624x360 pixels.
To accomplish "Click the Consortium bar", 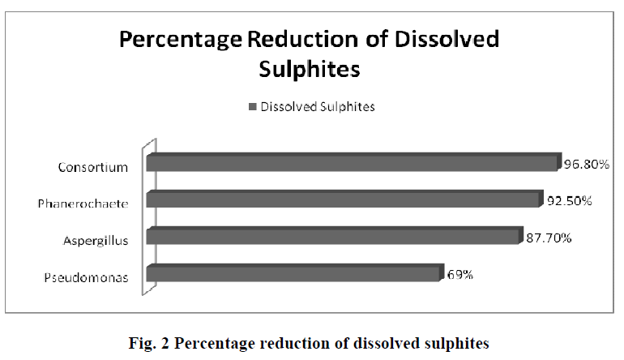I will pyautogui.click(x=353, y=162).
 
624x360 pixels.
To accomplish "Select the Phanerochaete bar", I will pyautogui.click(x=343, y=199).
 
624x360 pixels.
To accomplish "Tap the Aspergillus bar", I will pyautogui.click(x=332, y=237).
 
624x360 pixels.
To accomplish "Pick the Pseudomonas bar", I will pyautogui.click(x=295, y=273).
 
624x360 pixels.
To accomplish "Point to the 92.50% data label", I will pyautogui.click(x=567, y=200).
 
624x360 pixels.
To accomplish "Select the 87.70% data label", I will pyautogui.click(x=547, y=238).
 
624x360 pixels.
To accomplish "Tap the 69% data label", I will pyautogui.click(x=460, y=274).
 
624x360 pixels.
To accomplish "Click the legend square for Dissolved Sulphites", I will pyautogui.click(x=253, y=107).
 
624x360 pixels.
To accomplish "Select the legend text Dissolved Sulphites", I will pyautogui.click(x=317, y=107).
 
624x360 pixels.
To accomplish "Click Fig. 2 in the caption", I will pyautogui.click(x=152, y=343).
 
